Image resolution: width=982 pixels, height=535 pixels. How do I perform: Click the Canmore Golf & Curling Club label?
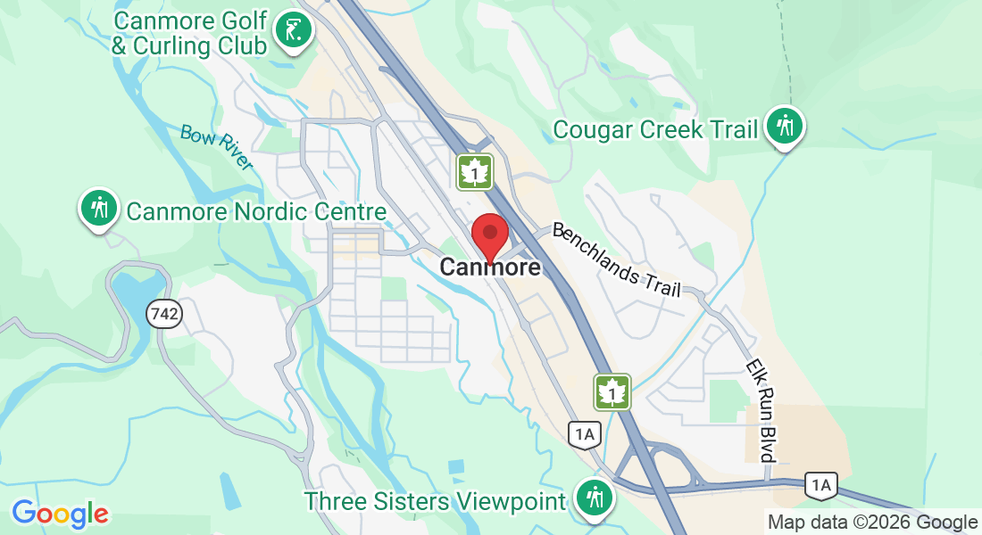[x=189, y=33]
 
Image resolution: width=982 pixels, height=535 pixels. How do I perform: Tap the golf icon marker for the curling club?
[x=293, y=30]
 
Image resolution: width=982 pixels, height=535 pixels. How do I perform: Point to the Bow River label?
[x=216, y=146]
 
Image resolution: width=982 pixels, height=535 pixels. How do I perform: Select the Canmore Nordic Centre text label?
[x=256, y=212]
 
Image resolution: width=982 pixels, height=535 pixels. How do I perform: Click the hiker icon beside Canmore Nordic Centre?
[x=100, y=208]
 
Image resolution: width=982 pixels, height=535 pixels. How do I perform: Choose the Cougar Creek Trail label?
[x=655, y=129]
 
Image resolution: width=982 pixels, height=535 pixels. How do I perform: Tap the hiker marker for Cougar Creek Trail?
[x=785, y=127]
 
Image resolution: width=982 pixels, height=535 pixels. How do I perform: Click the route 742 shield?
[x=166, y=313]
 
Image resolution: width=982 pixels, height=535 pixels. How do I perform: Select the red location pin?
[x=489, y=235]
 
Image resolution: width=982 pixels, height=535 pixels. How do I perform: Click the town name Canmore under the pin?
[x=490, y=267]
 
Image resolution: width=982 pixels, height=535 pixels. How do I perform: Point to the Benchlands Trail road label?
[x=616, y=259]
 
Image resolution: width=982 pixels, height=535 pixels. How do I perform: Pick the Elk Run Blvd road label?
[x=761, y=411]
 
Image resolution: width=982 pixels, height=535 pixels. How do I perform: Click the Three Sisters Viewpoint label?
[x=435, y=501]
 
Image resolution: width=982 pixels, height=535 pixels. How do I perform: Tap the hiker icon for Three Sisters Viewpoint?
[x=594, y=498]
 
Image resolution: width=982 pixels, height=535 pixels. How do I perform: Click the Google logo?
[x=60, y=514]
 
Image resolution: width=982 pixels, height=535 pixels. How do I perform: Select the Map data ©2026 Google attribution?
[x=872, y=523]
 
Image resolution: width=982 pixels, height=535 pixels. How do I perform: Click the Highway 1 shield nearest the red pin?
[x=475, y=172]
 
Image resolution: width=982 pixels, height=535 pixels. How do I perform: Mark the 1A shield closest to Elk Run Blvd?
[x=820, y=485]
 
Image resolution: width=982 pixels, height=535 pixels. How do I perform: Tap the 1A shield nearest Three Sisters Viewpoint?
[x=583, y=434]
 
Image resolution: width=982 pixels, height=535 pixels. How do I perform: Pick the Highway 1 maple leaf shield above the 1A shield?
[x=612, y=391]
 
